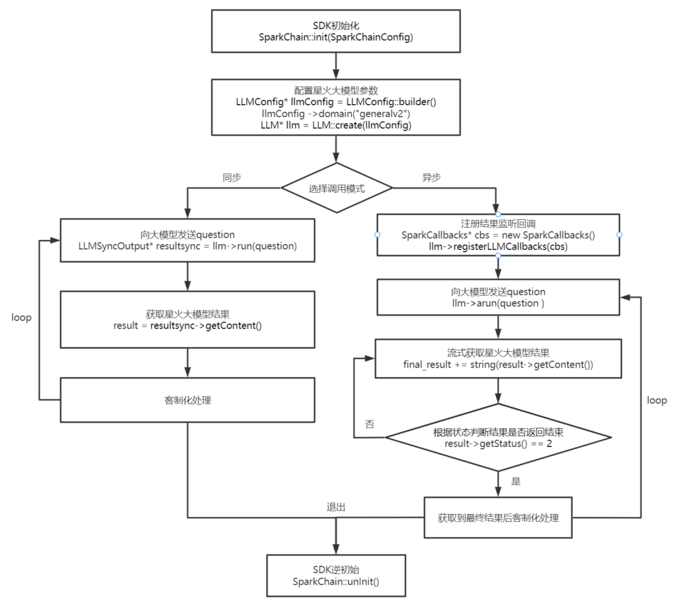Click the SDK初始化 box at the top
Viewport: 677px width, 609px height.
[x=335, y=31]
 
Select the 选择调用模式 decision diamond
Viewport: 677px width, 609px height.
[x=337, y=188]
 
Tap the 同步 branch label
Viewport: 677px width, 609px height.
[x=232, y=177]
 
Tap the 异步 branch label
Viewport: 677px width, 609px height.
[x=432, y=177]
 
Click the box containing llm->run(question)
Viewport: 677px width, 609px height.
[x=188, y=241]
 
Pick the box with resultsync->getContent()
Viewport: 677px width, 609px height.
[x=188, y=319]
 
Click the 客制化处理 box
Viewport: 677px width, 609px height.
[x=188, y=400]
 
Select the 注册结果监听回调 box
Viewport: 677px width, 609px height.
[x=498, y=235]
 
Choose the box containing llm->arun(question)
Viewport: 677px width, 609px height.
[x=498, y=298]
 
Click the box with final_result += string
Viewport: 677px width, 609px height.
[x=498, y=358]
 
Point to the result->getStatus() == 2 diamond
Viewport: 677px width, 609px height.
[x=498, y=438]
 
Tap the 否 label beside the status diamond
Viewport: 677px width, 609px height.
[x=370, y=424]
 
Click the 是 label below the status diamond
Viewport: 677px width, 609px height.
[x=516, y=481]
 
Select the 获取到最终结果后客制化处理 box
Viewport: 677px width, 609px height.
[x=498, y=518]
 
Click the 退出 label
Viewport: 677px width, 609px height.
[x=336, y=507]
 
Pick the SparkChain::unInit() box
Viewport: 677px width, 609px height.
[x=336, y=575]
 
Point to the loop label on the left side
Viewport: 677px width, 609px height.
[x=21, y=317]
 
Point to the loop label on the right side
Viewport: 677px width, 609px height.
[x=657, y=401]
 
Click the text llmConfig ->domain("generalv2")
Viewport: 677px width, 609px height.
[x=336, y=114]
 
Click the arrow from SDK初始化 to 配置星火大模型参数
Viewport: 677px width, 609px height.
[x=336, y=66]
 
